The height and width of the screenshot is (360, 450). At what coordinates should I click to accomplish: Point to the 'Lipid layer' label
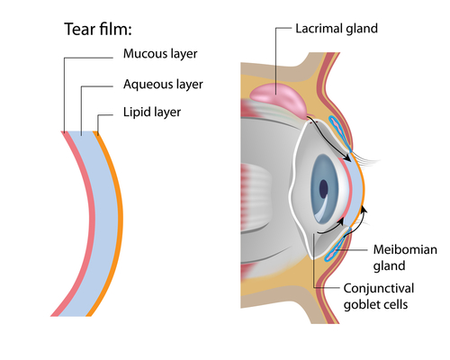(x=152, y=114)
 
